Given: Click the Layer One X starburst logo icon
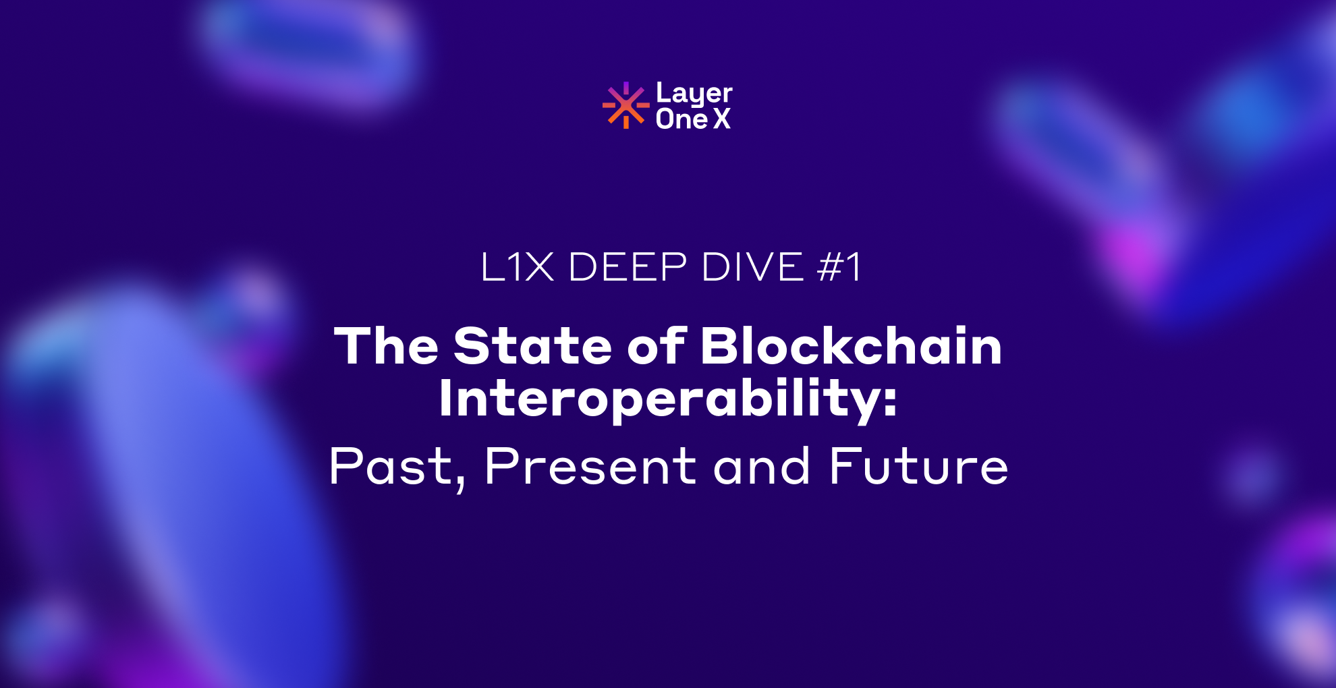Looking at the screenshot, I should point(625,105).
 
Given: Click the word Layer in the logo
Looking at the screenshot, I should point(694,93).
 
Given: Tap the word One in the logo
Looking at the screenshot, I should point(681,119).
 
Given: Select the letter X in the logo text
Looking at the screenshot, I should point(722,119).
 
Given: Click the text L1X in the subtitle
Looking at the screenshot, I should point(517,267).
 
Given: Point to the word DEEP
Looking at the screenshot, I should point(628,267).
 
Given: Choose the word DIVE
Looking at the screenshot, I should point(752,267).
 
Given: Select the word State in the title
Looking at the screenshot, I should point(532,346).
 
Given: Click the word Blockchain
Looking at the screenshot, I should point(851,346).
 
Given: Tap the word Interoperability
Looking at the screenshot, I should point(658,399).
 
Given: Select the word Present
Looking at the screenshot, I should point(590,466).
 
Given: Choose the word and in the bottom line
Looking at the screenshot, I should point(762,466).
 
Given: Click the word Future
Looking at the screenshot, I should point(918,466).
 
